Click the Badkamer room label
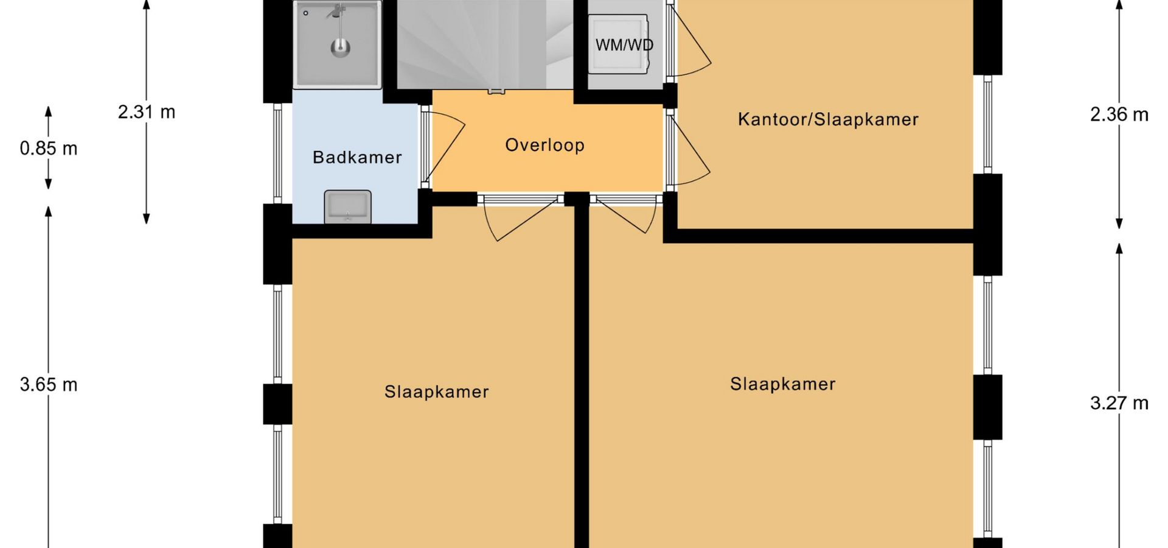point(357,158)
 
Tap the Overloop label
point(545,145)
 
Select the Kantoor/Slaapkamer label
point(828,119)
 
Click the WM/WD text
point(624,45)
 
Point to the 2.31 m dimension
point(147,112)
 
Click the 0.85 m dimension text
point(49,149)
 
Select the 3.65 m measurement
point(49,385)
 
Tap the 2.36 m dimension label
point(1119,114)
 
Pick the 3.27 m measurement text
point(1119,403)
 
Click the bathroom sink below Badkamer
point(347,206)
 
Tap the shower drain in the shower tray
point(340,47)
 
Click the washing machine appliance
point(618,45)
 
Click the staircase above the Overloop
point(485,44)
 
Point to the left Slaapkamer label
point(437,392)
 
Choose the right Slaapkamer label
point(783,384)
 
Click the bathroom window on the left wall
point(277,153)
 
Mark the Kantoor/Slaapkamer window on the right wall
point(988,124)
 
